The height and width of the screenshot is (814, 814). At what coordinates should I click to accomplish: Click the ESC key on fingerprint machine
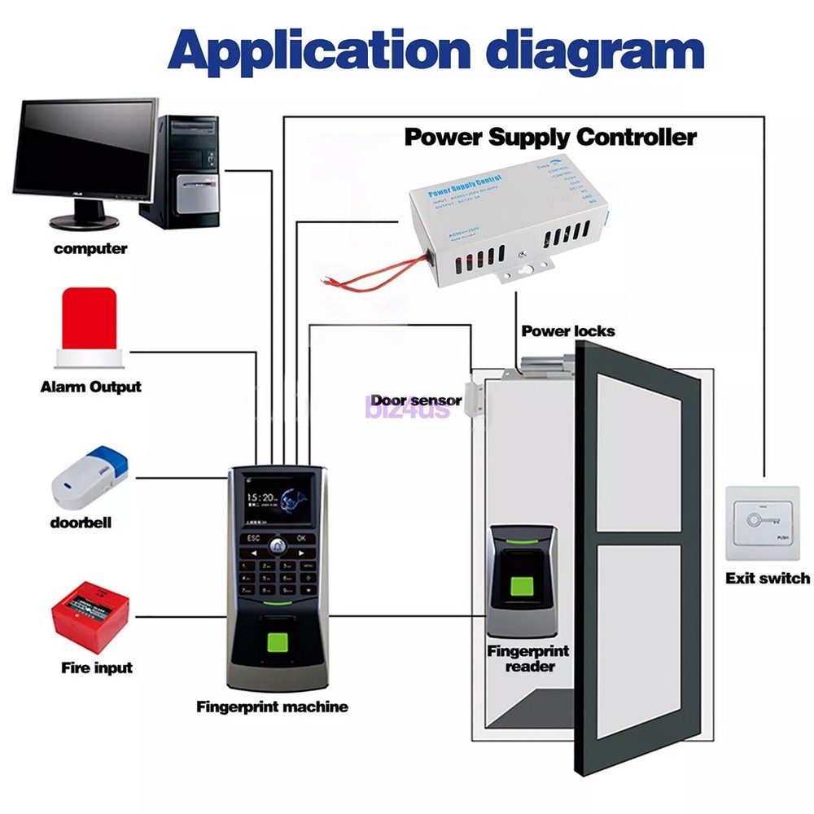[253, 538]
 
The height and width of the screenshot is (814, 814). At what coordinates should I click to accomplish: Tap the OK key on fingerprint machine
[302, 538]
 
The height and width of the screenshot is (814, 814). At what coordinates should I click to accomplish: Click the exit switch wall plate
[762, 523]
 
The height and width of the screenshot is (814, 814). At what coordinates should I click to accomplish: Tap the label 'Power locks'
[567, 331]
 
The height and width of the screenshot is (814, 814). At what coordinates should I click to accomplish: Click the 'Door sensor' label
[415, 400]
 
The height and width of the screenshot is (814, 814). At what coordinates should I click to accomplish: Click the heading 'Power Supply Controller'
[550, 136]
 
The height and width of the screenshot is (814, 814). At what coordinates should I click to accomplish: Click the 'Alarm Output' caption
[90, 387]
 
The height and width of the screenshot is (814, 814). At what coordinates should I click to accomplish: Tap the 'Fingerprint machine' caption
[272, 707]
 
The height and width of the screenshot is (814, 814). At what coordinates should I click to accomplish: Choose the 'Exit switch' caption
[768, 579]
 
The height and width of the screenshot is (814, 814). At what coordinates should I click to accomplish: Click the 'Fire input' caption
[97, 668]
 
